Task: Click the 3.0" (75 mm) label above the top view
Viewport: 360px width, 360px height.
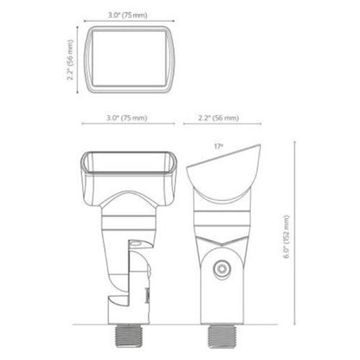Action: coord(127,16)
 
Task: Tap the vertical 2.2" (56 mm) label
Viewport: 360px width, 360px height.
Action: coord(70,61)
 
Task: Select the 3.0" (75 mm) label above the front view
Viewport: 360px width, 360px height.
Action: coord(126,118)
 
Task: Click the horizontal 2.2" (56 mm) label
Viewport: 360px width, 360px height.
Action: coord(218,118)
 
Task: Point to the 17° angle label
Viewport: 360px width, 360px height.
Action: coord(219,146)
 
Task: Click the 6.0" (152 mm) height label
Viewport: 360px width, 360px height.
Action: coord(286,236)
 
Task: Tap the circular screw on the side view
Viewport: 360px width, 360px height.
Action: coord(222,269)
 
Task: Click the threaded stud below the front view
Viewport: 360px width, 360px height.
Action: coord(127,336)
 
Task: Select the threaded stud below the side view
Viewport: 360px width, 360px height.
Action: coord(222,336)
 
